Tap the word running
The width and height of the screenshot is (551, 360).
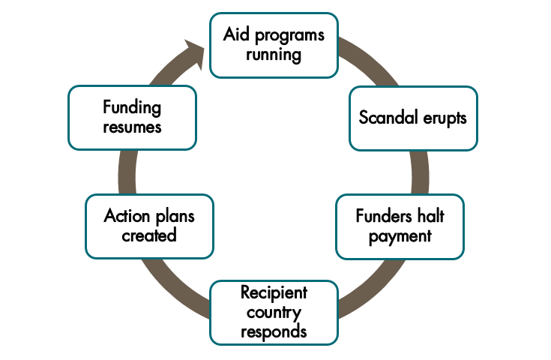tap(273, 54)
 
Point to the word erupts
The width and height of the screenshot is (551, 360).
tap(444, 118)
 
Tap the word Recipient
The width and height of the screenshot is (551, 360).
tap(274, 292)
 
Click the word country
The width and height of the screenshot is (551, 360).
tap(274, 310)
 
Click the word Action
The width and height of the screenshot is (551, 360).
tap(127, 217)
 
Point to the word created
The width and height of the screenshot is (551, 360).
tap(150, 235)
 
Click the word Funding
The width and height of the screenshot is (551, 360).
tap(132, 107)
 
